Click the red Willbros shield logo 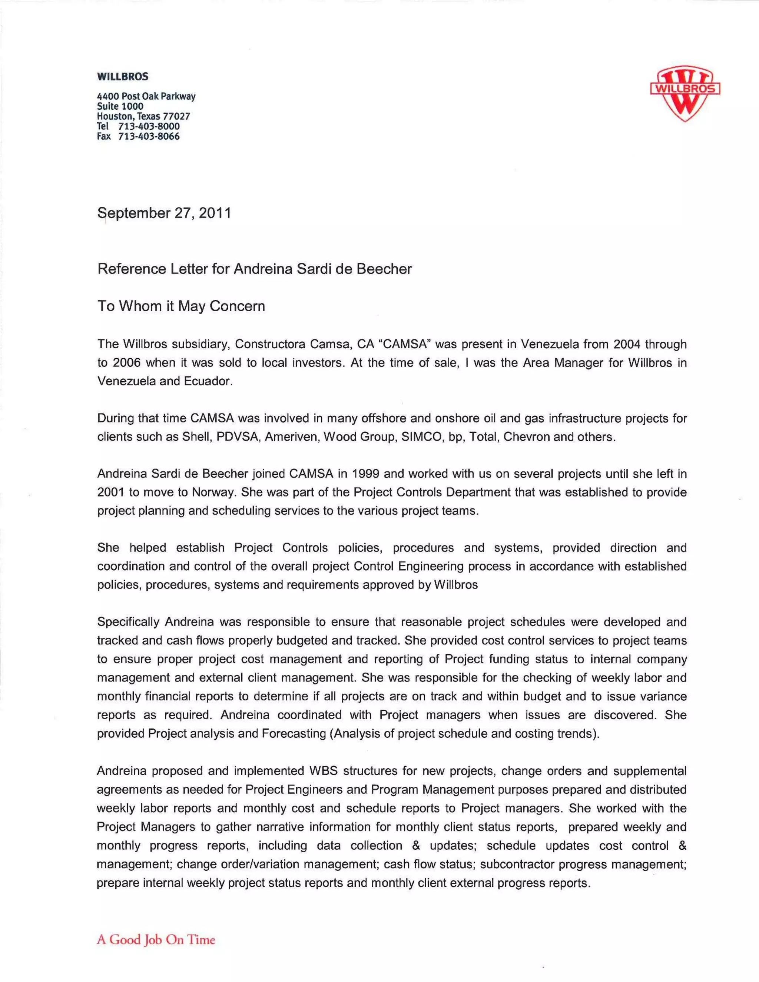click(x=685, y=93)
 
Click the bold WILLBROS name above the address click(x=122, y=76)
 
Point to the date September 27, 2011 click(x=164, y=213)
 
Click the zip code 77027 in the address click(x=176, y=116)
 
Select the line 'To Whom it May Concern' click(x=181, y=306)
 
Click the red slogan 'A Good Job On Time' click(x=156, y=940)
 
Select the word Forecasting click(x=294, y=734)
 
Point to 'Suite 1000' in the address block click(x=120, y=107)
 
